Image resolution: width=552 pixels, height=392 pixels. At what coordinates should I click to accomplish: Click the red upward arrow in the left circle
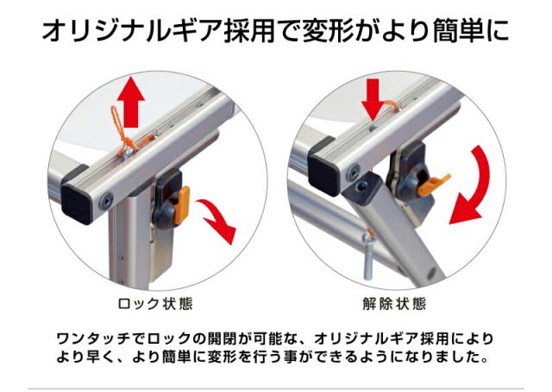pos(130,98)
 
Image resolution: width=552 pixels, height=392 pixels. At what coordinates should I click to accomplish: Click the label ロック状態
pos(154,304)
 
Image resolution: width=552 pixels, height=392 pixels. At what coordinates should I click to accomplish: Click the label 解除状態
pos(394,304)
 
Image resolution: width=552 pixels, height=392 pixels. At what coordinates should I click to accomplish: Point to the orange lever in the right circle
pos(432,182)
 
